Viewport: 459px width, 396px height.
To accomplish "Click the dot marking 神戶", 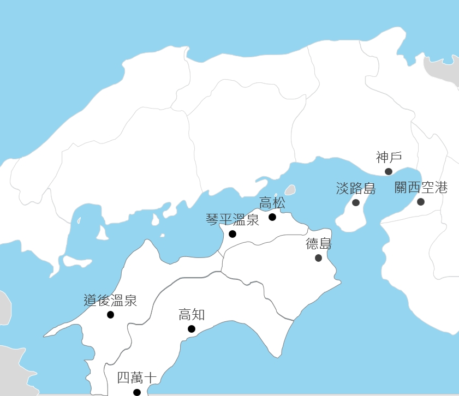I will point(389,171).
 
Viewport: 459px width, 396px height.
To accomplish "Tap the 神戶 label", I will point(389,158).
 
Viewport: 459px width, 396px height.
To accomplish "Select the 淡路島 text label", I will point(356,189).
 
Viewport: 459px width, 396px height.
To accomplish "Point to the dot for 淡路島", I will point(356,202).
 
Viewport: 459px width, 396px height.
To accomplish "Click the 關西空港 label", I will point(421,188).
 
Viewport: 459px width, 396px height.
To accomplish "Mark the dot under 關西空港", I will point(421,202).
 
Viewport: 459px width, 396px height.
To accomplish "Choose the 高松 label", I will point(272,203).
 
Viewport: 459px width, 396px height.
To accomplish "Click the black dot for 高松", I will point(272,217).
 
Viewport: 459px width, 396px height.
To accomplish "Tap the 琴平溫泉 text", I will point(233,220).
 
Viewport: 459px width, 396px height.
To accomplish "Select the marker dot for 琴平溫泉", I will point(233,234).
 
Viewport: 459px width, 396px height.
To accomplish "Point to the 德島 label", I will point(319,244).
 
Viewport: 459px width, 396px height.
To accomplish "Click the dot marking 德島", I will point(319,258).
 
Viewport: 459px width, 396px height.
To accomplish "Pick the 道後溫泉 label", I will point(110,300).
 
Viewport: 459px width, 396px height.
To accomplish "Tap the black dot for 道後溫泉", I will point(111,315).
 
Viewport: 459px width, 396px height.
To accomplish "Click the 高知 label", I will point(192,315).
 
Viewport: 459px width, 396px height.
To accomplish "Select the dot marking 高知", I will point(192,329).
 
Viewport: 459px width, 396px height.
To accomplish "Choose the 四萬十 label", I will point(137,378).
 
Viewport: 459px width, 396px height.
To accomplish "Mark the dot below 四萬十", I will point(137,392).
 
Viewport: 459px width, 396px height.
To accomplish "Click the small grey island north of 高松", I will point(290,190).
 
